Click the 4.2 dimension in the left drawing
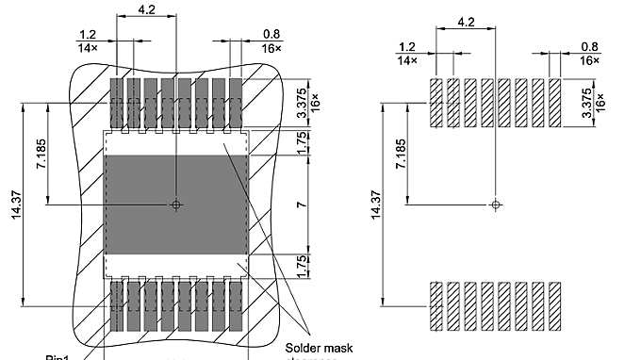click(146, 9)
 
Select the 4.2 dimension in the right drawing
click(465, 21)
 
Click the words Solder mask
click(320, 349)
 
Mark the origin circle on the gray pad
click(175, 205)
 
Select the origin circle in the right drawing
click(496, 204)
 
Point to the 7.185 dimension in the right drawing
click(402, 154)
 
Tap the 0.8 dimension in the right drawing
click(589, 46)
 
